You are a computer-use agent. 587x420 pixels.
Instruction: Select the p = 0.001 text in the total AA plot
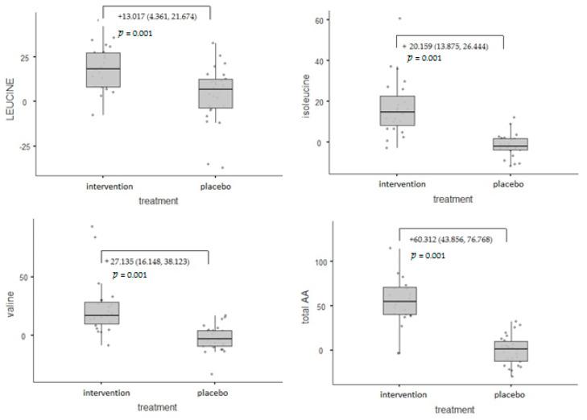(x=428, y=255)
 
